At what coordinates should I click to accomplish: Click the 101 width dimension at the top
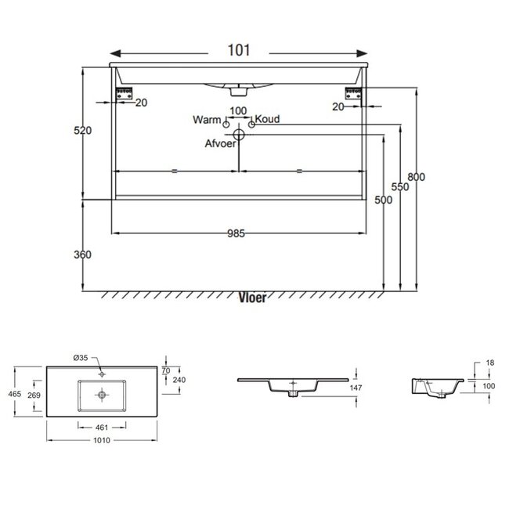239,51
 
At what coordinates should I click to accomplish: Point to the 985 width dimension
237,233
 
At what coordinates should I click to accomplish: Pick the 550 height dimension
400,188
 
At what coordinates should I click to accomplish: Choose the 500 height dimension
383,200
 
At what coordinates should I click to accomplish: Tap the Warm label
206,120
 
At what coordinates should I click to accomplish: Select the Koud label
268,120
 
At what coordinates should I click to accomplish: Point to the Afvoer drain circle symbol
240,135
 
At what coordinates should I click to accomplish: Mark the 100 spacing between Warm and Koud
238,110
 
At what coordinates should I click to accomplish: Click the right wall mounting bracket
350,92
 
